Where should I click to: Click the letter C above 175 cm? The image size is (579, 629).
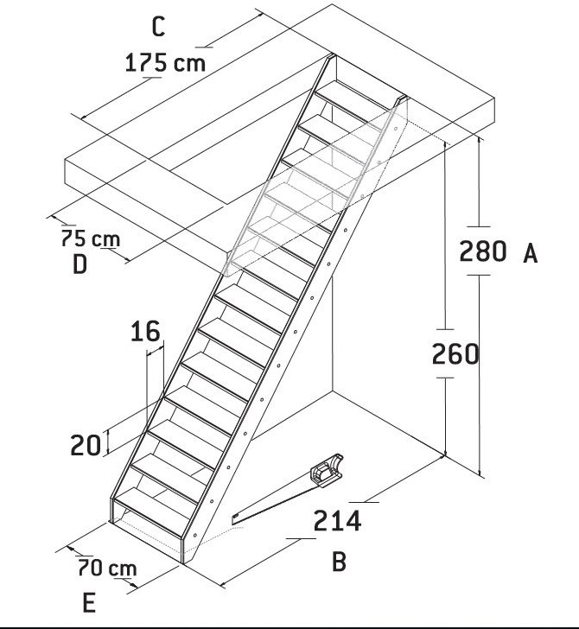(158, 28)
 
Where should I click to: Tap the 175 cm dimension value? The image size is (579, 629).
(165, 63)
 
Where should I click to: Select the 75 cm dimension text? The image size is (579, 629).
(91, 238)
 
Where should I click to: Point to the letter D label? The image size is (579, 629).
(80, 264)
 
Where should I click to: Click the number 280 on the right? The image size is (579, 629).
(483, 251)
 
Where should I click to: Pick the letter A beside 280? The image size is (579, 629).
(530, 253)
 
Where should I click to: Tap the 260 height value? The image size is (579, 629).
(455, 354)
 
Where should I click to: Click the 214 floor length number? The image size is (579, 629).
(337, 521)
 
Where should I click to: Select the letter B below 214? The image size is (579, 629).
(339, 562)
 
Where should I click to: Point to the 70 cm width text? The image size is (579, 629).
(107, 568)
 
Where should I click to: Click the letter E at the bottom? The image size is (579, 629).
(89, 602)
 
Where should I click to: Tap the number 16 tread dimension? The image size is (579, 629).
(146, 332)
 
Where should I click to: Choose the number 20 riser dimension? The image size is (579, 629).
(86, 445)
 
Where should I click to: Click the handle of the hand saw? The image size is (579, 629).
(328, 470)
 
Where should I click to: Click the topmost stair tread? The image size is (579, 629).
(354, 95)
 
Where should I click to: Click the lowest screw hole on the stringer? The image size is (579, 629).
(195, 535)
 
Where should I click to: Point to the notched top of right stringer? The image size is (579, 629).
(400, 100)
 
